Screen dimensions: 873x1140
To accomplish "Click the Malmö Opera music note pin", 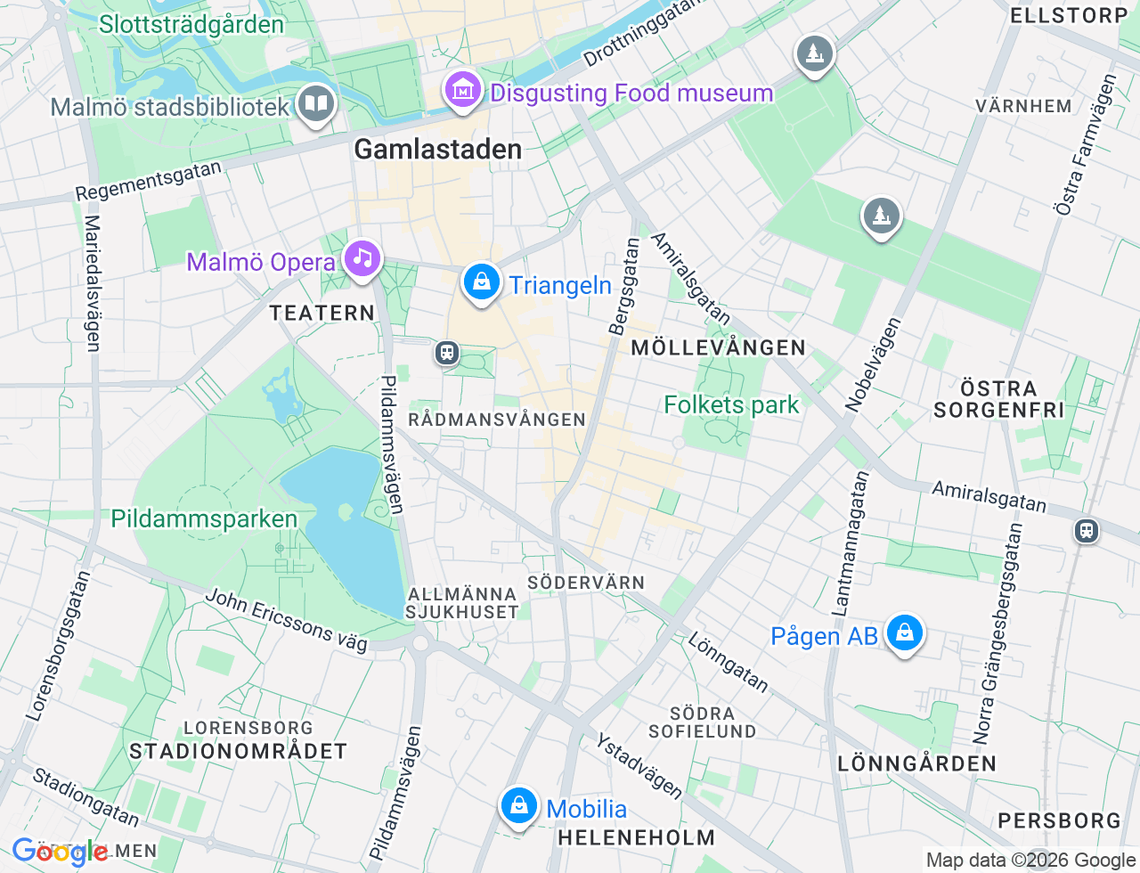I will click(362, 259).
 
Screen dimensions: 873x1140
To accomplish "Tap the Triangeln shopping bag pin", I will click(481, 282).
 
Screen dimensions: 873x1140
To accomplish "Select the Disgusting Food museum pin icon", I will click(462, 90).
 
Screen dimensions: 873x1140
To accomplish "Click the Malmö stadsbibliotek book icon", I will click(315, 104).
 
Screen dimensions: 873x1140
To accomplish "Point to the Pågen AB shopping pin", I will click(904, 633).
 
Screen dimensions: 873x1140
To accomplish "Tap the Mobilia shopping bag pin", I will click(518, 806).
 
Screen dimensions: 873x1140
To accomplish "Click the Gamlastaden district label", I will click(438, 149).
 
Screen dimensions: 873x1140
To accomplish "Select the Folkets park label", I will click(731, 404).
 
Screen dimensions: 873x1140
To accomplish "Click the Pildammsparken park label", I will click(204, 518).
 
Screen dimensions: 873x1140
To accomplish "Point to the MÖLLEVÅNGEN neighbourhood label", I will click(718, 347).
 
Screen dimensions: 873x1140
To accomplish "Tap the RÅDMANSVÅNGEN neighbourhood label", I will click(497, 419).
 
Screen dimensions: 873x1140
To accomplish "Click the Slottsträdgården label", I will click(191, 24).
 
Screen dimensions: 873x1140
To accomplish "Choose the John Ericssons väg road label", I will click(286, 620).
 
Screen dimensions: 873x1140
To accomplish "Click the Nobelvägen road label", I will click(873, 364).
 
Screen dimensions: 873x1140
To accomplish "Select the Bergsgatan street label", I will click(624, 286).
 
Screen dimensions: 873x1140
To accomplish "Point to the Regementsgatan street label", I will click(148, 181).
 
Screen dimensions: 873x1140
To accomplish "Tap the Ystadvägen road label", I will click(639, 766).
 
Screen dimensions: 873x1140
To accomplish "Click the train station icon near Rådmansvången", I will click(447, 353).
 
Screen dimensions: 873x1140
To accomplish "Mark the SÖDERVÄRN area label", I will click(586, 583).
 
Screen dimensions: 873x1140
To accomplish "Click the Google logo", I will click(60, 853).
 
